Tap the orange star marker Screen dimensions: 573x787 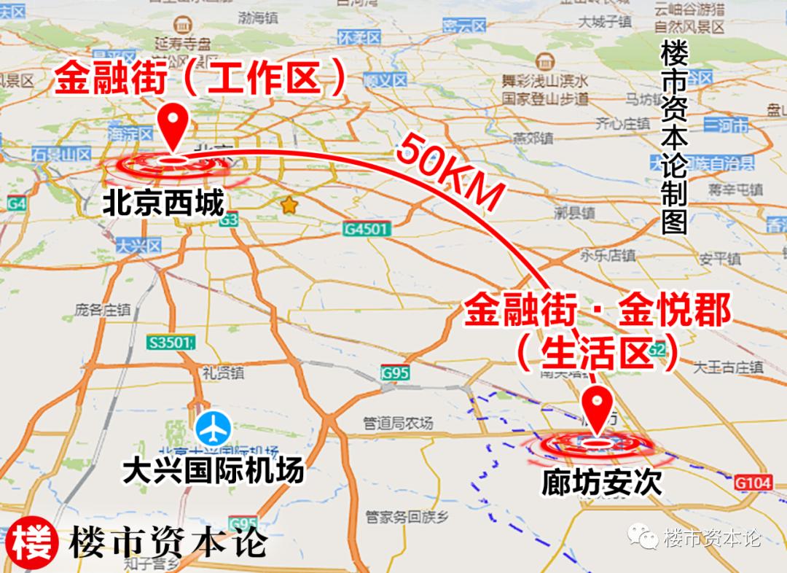pyautogui.click(x=289, y=206)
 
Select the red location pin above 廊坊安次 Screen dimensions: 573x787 pyautogui.click(x=600, y=410)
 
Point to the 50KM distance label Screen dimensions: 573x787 pyautogui.click(x=450, y=174)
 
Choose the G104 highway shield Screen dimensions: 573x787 pyautogui.click(x=753, y=482)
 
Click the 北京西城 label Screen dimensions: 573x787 pyautogui.click(x=163, y=203)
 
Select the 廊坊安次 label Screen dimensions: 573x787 pyautogui.click(x=602, y=482)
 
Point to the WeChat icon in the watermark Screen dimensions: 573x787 pyautogui.click(x=644, y=538)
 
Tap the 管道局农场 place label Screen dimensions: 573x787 pyautogui.click(x=398, y=423)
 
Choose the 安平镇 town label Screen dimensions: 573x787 pyautogui.click(x=719, y=259)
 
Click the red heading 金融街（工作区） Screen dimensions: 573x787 pyautogui.click(x=200, y=79)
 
